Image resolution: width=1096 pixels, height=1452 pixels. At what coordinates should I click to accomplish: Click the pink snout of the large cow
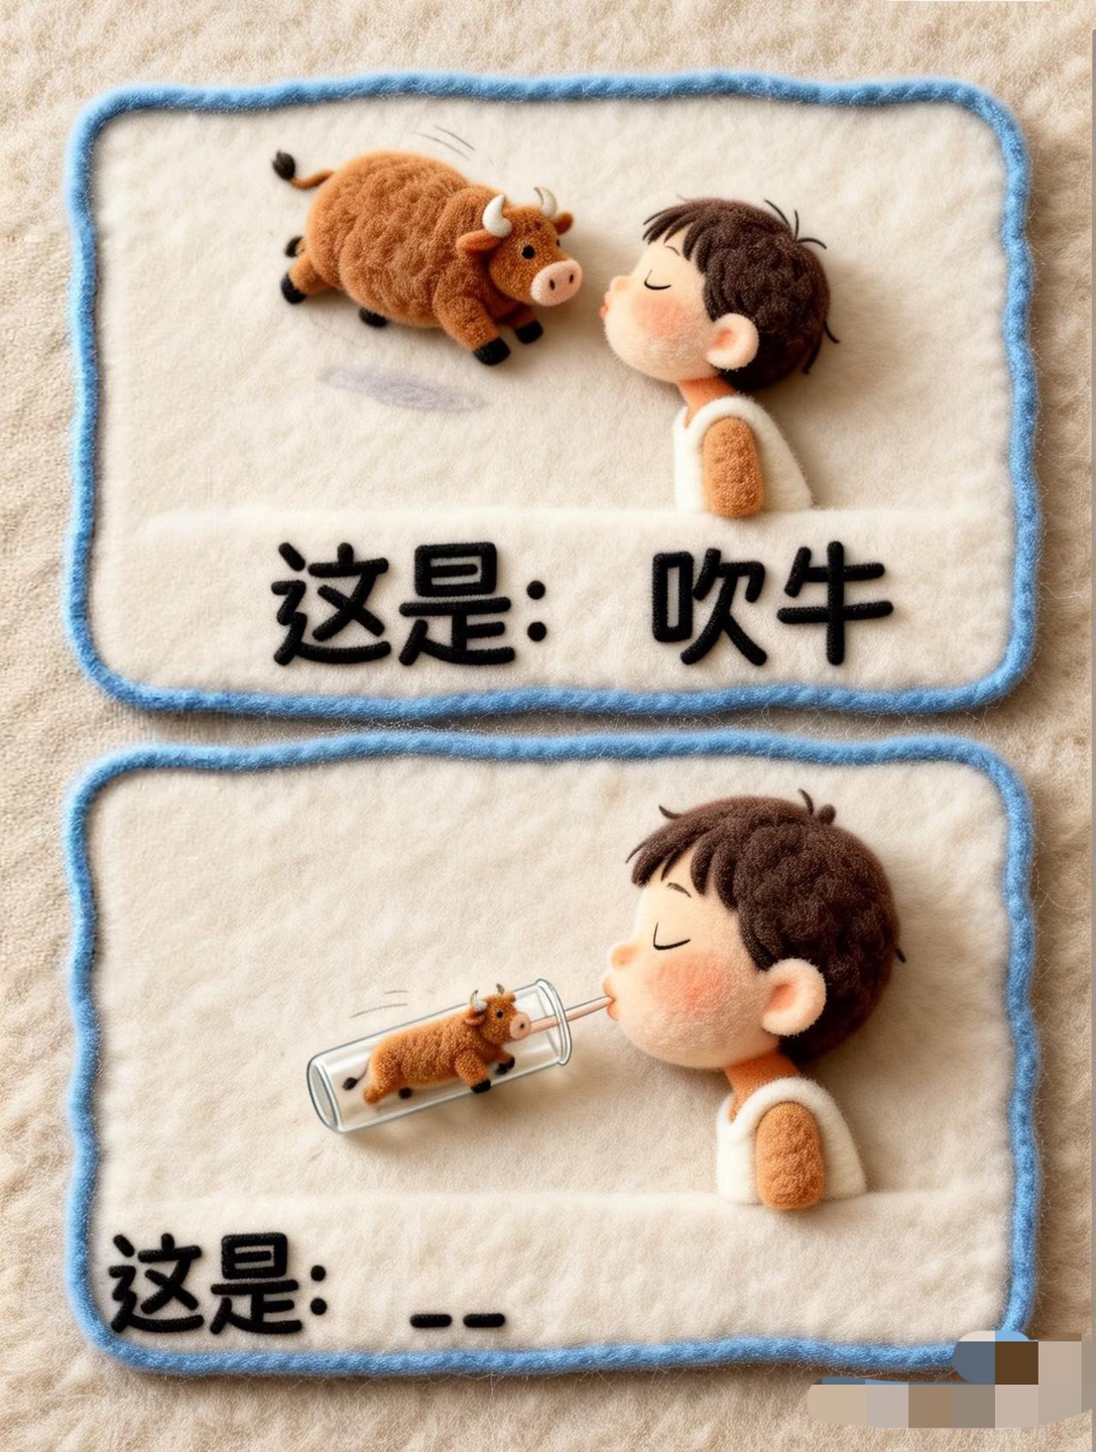click(x=554, y=281)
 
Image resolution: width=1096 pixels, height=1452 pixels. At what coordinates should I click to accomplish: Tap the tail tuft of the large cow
click(x=284, y=164)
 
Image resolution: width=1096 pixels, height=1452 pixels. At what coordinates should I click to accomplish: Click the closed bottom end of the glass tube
click(x=324, y=1092)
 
